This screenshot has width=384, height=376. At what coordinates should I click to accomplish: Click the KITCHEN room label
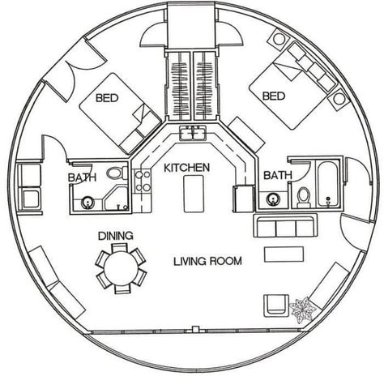click(186, 168)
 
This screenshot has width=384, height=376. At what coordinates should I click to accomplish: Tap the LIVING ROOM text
click(207, 261)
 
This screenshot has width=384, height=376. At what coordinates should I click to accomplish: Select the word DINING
click(116, 236)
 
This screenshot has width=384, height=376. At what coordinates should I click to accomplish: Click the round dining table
click(122, 268)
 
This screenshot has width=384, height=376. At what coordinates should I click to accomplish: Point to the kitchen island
click(194, 194)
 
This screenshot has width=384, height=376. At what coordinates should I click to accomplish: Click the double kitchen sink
click(193, 133)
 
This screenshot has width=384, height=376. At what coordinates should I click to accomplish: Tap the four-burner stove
click(143, 180)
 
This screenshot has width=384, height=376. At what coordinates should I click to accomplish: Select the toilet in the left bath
click(117, 173)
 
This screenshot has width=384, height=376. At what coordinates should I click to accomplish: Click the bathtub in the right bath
click(328, 184)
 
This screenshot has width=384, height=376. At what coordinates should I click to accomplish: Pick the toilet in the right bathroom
click(304, 197)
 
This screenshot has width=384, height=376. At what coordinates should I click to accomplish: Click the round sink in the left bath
click(87, 203)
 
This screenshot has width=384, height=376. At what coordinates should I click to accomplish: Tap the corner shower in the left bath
click(117, 199)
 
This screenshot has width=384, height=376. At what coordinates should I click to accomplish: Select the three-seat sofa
click(285, 225)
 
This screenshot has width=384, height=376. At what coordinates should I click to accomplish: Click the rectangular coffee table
click(284, 254)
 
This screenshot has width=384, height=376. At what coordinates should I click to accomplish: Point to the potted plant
click(302, 310)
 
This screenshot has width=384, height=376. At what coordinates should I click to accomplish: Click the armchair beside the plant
click(276, 305)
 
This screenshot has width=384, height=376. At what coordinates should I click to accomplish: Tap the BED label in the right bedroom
click(274, 96)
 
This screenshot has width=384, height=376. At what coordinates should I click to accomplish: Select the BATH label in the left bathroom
click(82, 177)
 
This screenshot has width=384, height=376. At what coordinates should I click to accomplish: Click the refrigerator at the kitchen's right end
click(244, 199)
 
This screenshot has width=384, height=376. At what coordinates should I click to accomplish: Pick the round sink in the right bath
click(272, 199)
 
